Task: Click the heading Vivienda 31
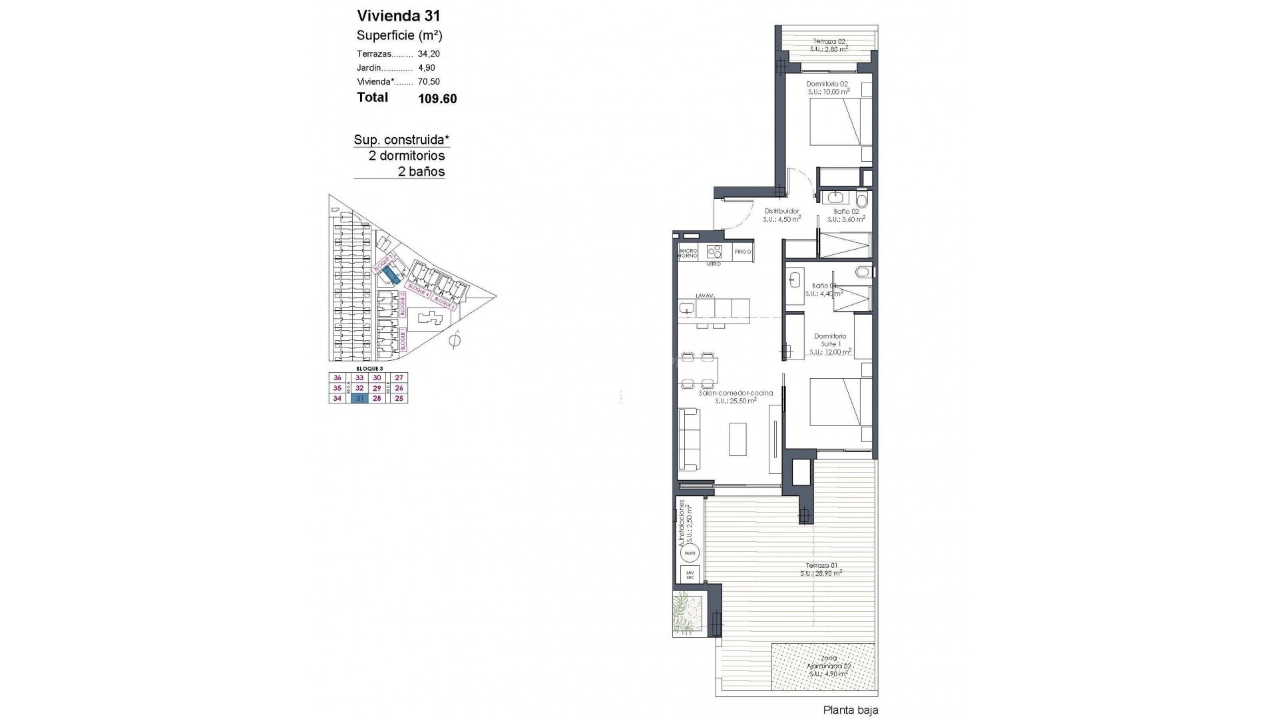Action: pos(398,16)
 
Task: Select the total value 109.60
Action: pos(437,99)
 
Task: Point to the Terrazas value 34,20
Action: pos(429,54)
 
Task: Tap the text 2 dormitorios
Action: pos(406,156)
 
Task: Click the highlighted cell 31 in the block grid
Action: pos(359,398)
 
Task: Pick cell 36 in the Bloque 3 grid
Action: pos(337,377)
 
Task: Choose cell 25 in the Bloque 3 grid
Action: pos(399,398)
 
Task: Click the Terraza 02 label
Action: pos(828,41)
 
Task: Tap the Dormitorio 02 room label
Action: pos(827,84)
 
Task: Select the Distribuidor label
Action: pos(781,212)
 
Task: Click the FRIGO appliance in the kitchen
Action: pos(743,252)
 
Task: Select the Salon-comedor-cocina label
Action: pos(736,393)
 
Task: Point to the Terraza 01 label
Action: pos(821,567)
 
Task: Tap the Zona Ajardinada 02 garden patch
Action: pos(823,666)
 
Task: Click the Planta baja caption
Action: pos(850,710)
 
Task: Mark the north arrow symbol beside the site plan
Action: pos(455,341)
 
